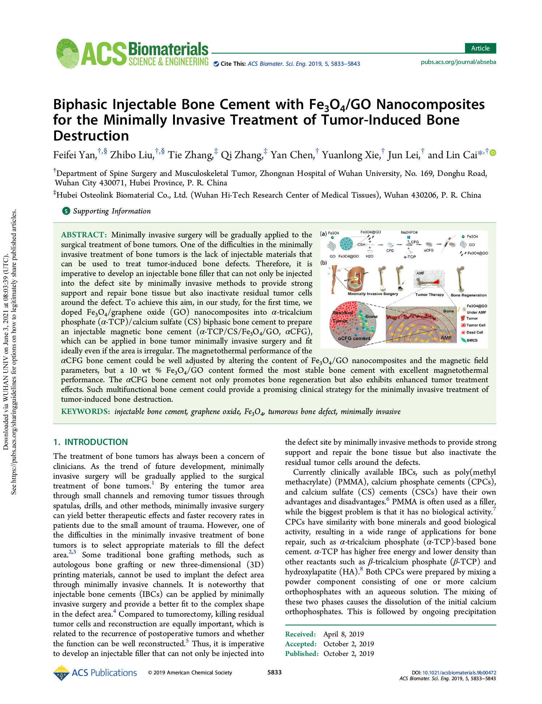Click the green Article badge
pyautogui.click(x=480, y=48)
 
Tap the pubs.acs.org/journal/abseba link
pyautogui.click(x=458, y=62)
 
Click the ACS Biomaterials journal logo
pyautogui.click(x=133, y=54)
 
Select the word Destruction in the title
pyautogui.click(x=91, y=136)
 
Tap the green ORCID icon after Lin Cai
pyautogui.click(x=492, y=153)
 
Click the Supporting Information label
pyautogui.click(x=112, y=211)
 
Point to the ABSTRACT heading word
pyautogui.click(x=84, y=235)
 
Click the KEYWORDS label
pyautogui.click(x=85, y=411)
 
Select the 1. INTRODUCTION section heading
pyautogui.click(x=90, y=442)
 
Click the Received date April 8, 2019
pyautogui.click(x=343, y=634)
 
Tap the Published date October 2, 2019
pyautogui.click(x=348, y=654)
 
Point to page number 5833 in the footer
pyautogui.click(x=274, y=672)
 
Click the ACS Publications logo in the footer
pyautogui.click(x=95, y=673)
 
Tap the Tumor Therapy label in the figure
pyautogui.click(x=429, y=295)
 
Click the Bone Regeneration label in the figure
pyautogui.click(x=468, y=295)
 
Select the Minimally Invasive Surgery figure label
pyautogui.click(x=373, y=294)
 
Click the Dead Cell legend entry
pyautogui.click(x=474, y=332)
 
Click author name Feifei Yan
pyautogui.click(x=75, y=155)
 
